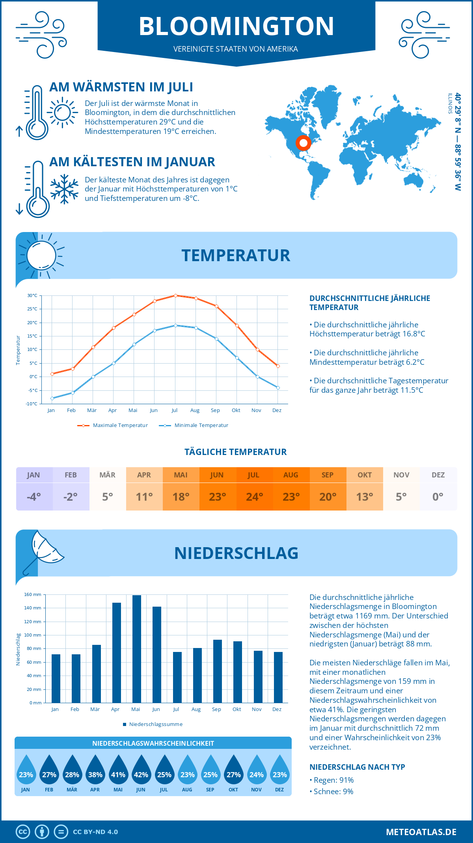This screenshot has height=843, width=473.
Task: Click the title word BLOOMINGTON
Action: (236, 26)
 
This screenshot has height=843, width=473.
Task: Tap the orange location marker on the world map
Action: (303, 143)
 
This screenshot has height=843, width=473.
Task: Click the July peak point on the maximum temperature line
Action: (175, 295)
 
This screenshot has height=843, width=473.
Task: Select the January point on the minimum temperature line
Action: (52, 398)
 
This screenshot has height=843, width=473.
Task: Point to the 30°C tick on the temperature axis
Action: (32, 295)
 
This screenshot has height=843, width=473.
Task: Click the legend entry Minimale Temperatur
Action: (201, 425)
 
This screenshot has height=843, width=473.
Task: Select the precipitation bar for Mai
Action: (137, 649)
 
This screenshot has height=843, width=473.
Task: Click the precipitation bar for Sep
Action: (218, 671)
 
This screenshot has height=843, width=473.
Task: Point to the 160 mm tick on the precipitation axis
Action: (33, 594)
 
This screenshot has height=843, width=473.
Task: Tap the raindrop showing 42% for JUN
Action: (141, 771)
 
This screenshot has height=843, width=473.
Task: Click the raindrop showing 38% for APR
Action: (95, 771)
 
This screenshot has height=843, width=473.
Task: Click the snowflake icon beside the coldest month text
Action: (64, 189)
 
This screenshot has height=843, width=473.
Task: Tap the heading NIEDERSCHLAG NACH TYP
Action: (357, 767)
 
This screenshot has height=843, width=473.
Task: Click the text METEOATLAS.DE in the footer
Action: (421, 832)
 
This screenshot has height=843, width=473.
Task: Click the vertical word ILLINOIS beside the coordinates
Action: (450, 104)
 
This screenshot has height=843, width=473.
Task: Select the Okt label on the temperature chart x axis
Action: (236, 410)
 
